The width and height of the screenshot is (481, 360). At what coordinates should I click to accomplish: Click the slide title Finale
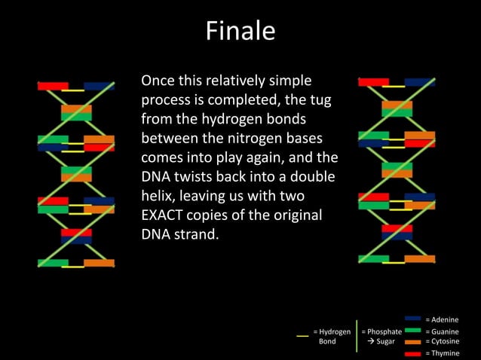[240, 32]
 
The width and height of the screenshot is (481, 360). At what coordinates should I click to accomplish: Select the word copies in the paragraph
[213, 215]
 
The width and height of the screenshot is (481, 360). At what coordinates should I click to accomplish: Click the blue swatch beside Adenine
[412, 319]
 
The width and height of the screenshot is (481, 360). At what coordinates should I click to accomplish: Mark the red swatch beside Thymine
[412, 352]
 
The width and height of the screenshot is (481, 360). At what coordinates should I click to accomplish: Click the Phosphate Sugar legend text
[381, 336]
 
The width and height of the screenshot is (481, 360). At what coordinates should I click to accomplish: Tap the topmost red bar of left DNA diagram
[53, 86]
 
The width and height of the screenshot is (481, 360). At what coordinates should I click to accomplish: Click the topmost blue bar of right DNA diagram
[419, 82]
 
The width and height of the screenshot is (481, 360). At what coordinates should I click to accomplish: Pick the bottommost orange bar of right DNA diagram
[419, 259]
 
